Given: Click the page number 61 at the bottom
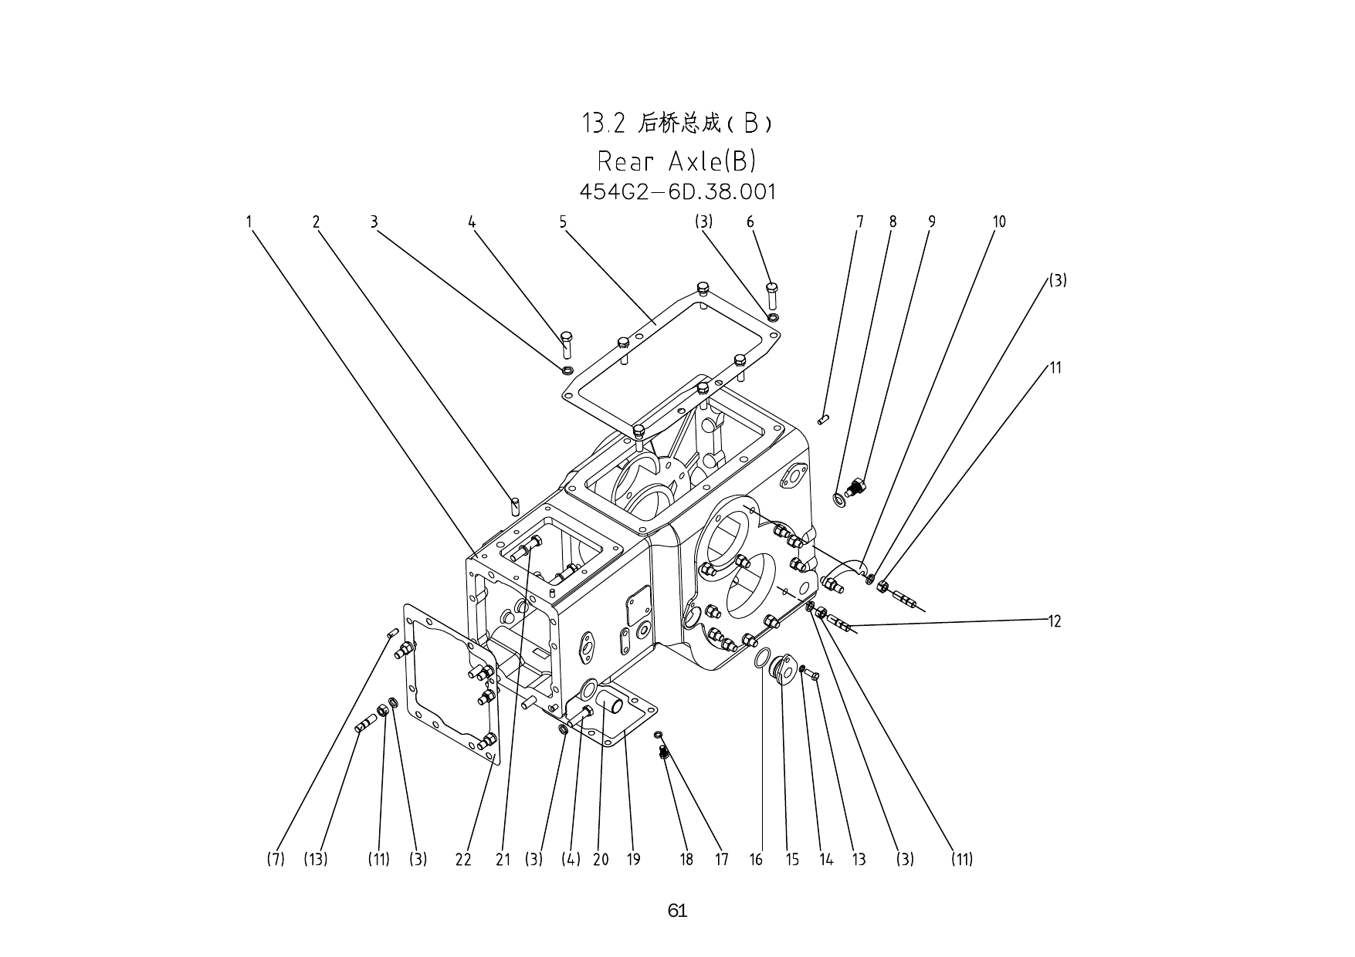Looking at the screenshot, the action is tap(677, 911).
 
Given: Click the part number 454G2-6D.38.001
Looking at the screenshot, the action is tap(677, 191).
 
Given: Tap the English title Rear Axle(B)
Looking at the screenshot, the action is tap(676, 161).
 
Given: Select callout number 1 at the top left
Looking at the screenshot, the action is tap(249, 222).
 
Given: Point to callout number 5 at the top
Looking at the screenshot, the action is tap(563, 222).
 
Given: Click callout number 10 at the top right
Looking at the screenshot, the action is tap(999, 222).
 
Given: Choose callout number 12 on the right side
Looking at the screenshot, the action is tap(1055, 621).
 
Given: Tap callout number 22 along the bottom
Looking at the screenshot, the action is tap(463, 859).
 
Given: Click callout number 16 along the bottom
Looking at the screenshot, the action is tap(756, 859).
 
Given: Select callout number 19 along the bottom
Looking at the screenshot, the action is tap(633, 859).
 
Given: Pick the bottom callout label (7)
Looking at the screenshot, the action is tap(276, 859).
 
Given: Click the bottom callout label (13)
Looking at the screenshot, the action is tap(316, 859).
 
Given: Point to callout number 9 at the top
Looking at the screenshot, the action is tap(932, 222).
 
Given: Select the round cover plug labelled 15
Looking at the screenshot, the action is tap(784, 668).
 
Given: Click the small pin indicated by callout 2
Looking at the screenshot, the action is tap(515, 506).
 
